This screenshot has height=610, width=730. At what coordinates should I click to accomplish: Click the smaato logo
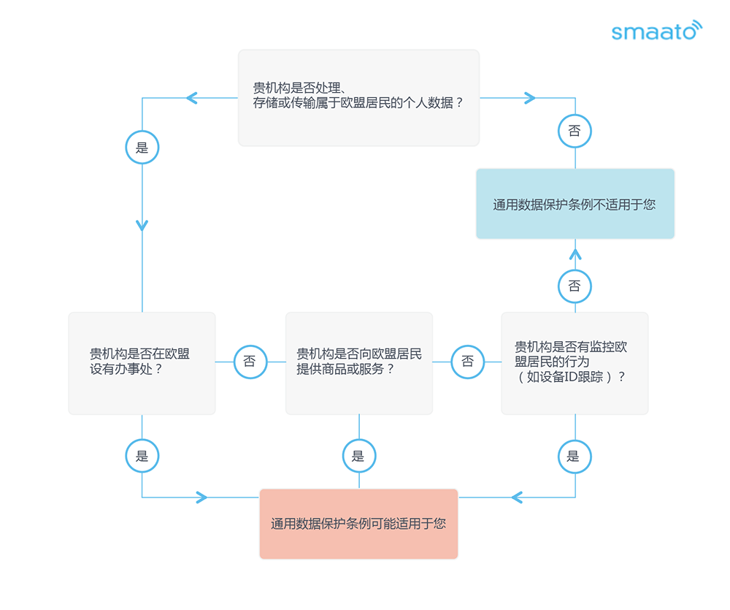pos(656,30)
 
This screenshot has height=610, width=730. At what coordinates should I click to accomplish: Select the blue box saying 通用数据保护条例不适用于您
pos(575,204)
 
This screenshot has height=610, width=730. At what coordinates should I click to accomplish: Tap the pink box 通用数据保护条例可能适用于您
pos(358,524)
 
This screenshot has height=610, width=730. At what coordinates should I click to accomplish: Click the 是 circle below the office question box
pos(142,456)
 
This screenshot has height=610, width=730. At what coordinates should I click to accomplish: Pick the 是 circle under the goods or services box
pos(359,456)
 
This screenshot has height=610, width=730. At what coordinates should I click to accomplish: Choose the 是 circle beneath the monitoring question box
pos(575,456)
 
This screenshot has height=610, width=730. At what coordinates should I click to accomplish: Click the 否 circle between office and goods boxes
pos(250,362)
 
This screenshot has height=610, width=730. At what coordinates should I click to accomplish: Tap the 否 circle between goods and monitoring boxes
pos(468,362)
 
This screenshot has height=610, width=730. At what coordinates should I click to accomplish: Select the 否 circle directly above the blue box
pos(575,131)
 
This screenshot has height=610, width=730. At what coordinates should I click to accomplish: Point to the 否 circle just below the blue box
pos(575,286)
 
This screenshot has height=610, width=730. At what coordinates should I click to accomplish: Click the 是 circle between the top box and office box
pos(142,148)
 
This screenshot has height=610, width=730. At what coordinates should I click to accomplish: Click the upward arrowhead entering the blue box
pos(575,254)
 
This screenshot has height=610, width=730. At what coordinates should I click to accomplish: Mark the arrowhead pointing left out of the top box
pos(191,98)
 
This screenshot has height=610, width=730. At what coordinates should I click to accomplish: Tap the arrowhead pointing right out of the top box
pos(530,98)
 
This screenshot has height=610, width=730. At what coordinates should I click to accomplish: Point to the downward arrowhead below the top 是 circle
pos(142,226)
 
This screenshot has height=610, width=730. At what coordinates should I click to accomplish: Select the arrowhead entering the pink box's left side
pos(201,497)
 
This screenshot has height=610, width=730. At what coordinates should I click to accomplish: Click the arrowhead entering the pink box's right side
pos(516,497)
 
